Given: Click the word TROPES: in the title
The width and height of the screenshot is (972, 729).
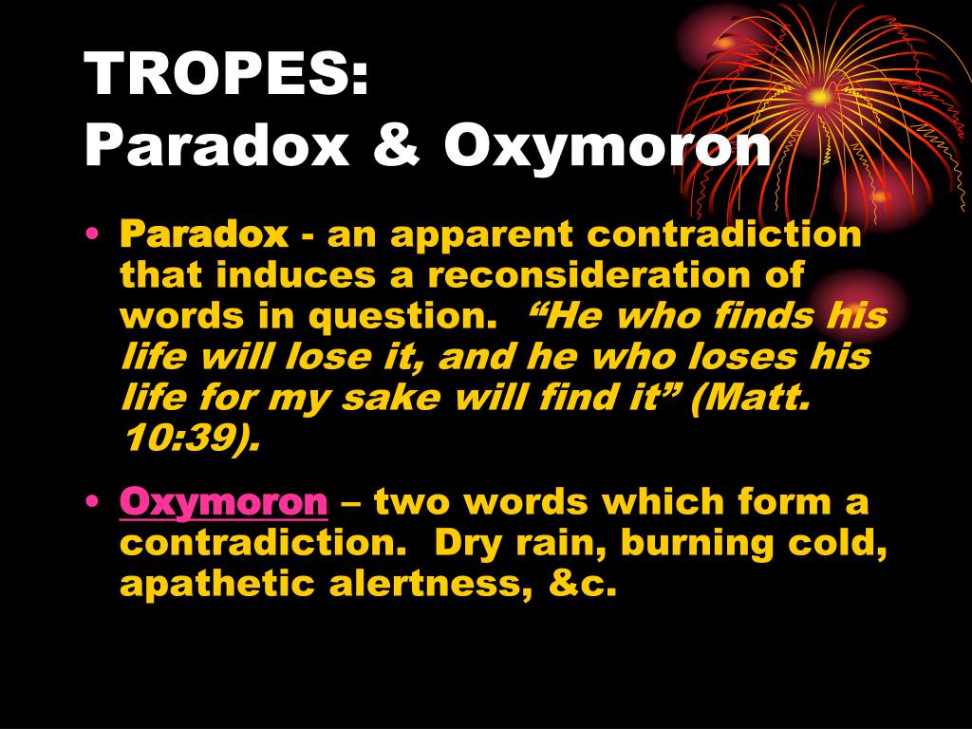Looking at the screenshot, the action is coord(226,73).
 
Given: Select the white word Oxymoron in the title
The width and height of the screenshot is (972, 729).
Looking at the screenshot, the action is coord(607,150).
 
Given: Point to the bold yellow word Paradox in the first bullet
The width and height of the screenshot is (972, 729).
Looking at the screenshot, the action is coord(204,234).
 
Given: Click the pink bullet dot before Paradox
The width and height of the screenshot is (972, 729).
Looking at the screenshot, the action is coord(92,234).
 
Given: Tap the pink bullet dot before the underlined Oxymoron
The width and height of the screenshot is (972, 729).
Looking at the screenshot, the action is coord(92,501).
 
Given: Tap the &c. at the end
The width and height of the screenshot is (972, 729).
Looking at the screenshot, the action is coord(582,584).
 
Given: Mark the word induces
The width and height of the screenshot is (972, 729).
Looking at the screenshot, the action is coord(296,274).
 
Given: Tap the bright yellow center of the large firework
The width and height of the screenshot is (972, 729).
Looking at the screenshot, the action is coord(820,98).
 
